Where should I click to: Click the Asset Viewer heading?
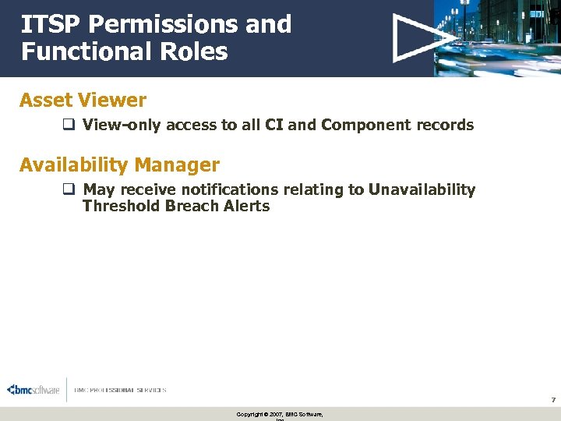click(x=83, y=100)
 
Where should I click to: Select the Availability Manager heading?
click(x=119, y=165)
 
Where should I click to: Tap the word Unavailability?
click(x=422, y=190)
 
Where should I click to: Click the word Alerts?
click(x=246, y=207)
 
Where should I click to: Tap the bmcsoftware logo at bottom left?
click(x=33, y=390)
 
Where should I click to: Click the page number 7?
click(x=552, y=400)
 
